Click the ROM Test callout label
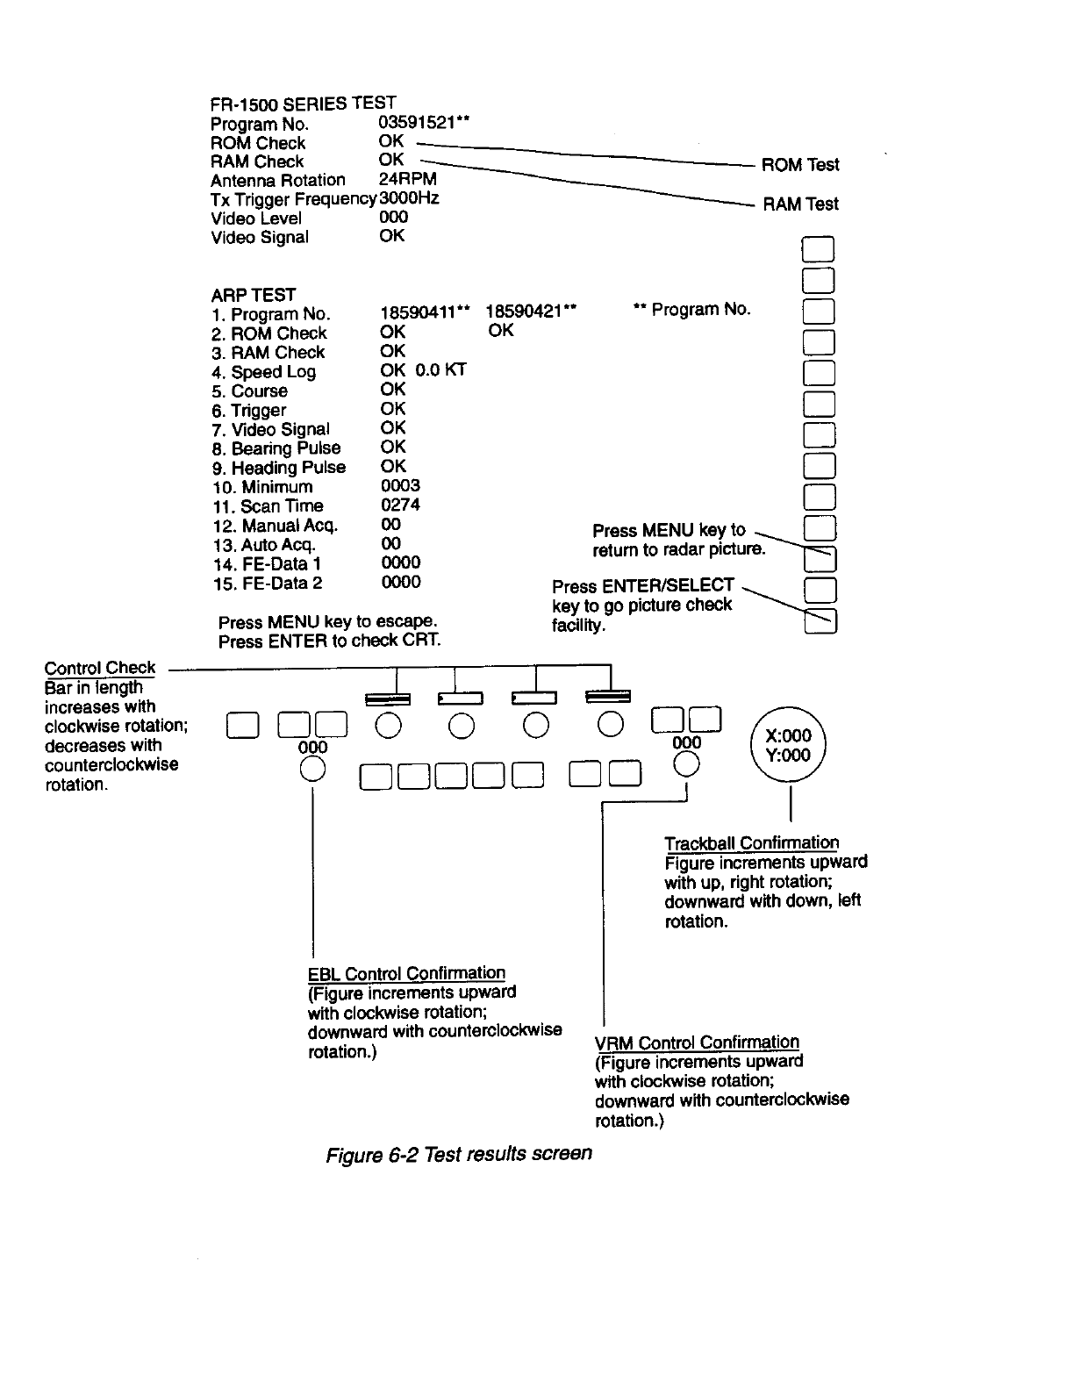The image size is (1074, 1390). click(799, 165)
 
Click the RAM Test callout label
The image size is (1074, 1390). click(800, 204)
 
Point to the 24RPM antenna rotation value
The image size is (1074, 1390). click(407, 179)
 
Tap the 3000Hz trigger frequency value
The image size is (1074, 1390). click(409, 198)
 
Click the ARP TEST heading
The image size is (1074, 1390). click(253, 295)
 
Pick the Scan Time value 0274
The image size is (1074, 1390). click(400, 505)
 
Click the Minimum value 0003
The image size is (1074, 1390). click(400, 485)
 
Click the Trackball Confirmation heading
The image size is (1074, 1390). click(751, 843)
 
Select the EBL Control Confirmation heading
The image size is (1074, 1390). click(406, 973)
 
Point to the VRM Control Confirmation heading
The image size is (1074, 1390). click(697, 1042)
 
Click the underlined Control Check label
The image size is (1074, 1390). click(100, 668)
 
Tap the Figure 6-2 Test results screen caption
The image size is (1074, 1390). click(459, 1152)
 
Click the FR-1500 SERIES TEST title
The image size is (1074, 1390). click(303, 104)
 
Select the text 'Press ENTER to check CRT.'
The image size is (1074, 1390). click(329, 641)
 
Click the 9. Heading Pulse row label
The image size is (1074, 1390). click(279, 468)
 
